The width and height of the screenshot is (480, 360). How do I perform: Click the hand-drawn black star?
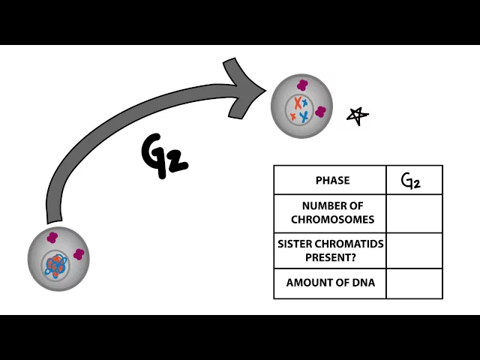click(x=358, y=115)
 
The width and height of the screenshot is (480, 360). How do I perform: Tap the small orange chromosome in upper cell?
click(x=293, y=116)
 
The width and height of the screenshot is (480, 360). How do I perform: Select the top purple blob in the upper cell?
click(x=302, y=85)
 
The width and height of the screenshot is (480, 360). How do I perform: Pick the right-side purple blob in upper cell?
click(x=321, y=112)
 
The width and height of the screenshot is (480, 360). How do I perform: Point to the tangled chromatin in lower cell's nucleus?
click(x=56, y=265)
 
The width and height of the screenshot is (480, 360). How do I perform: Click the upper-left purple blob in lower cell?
click(x=52, y=238)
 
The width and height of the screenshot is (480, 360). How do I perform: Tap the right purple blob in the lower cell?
click(x=79, y=255)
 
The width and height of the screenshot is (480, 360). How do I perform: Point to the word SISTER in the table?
click(x=295, y=244)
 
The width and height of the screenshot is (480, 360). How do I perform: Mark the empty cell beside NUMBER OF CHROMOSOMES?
click(x=414, y=213)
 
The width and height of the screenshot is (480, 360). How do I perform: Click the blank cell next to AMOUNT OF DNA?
click(x=414, y=283)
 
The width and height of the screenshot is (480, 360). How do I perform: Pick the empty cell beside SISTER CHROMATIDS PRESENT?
click(x=414, y=250)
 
